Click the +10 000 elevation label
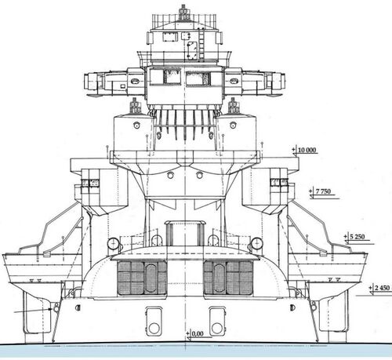pyautogui.click(x=304, y=150)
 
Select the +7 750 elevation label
pyautogui.click(x=320, y=191)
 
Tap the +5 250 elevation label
pyautogui.click(x=354, y=237)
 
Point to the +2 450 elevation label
pyautogui.click(x=379, y=288)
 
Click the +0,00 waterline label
pyautogui.click(x=194, y=333)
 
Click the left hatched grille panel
pyautogui.click(x=142, y=278)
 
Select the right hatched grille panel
pyautogui.click(x=228, y=278)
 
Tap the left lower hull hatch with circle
pyautogui.click(x=154, y=322)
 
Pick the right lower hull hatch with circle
pyautogui.click(x=217, y=322)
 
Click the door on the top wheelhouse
pyautogui.click(x=191, y=49)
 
